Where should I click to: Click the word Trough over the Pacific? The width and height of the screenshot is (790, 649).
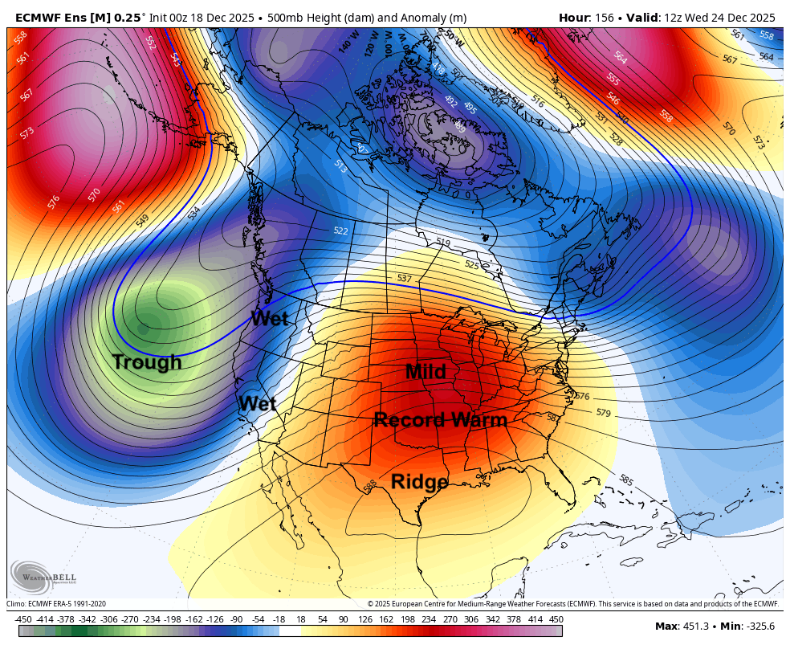pos(147,362)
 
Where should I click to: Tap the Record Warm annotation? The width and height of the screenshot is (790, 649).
pos(441,420)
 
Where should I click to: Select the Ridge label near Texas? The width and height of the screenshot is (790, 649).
pos(419,482)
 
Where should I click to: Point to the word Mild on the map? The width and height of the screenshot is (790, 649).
pos(426,372)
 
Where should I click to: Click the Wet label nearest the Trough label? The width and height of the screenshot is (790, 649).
pos(257,403)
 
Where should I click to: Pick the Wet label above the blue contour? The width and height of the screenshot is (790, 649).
pos(269,318)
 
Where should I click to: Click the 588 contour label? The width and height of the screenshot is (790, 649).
pos(370,487)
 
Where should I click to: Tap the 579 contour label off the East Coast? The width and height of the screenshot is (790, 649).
pos(603,413)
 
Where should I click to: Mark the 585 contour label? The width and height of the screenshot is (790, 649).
pos(626,481)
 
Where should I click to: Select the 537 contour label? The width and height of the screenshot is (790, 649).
pos(405,278)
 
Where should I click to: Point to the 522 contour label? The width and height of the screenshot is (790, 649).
pos(341,231)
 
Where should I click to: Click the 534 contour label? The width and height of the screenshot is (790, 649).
pos(194,213)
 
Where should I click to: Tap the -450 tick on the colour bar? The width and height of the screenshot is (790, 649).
pos(23,619)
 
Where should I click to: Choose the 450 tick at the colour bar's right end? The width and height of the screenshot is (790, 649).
pos(556,619)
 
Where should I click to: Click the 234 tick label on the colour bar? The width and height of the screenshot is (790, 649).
pos(429,619)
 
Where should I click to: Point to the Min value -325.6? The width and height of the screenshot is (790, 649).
pos(758,627)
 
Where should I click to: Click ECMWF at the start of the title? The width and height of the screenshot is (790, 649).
pos(37,17)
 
